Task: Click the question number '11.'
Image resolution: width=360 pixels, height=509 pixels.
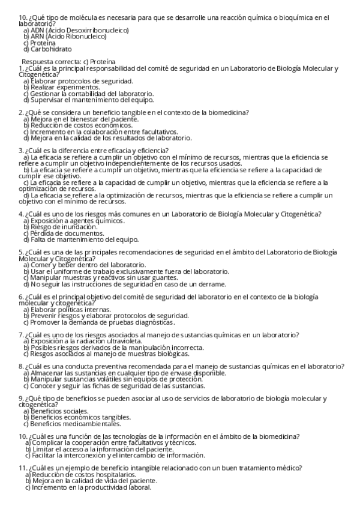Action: [23, 468]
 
